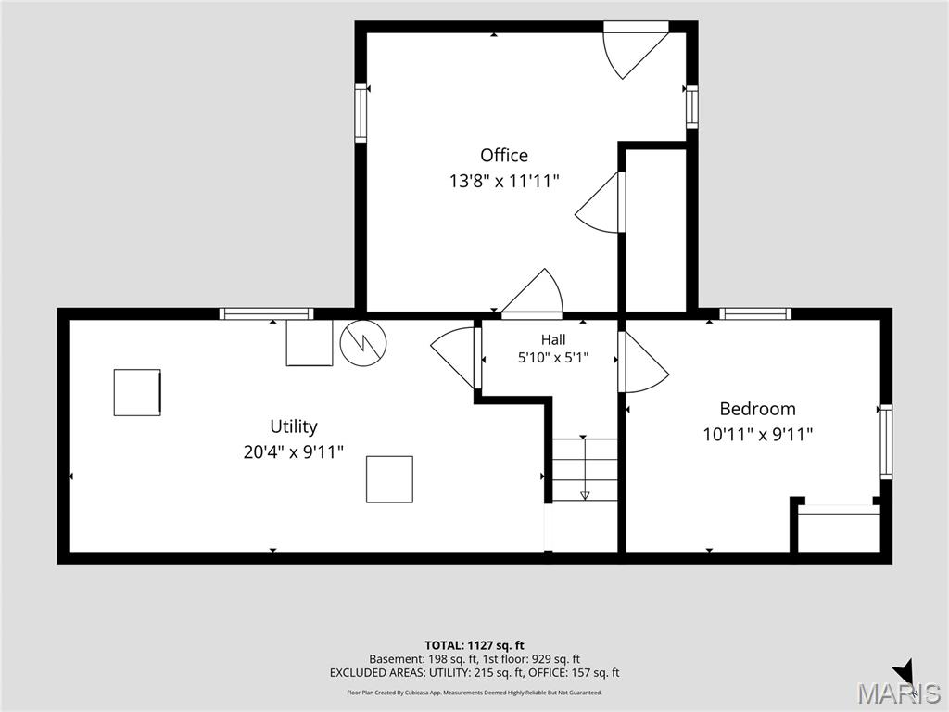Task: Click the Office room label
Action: (504, 156)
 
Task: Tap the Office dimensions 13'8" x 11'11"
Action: (503, 181)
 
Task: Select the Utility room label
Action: (294, 426)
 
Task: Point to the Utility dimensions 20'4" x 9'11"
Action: (294, 451)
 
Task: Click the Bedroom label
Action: (758, 409)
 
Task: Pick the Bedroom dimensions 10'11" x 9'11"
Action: (758, 434)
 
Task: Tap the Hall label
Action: (554, 339)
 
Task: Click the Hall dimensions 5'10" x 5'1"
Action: (553, 358)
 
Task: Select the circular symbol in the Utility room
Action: (363, 343)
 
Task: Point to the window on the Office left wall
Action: (361, 113)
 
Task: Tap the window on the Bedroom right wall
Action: (886, 441)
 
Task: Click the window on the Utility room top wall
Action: (266, 313)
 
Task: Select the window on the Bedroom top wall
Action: (755, 313)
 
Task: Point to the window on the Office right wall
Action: (691, 107)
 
